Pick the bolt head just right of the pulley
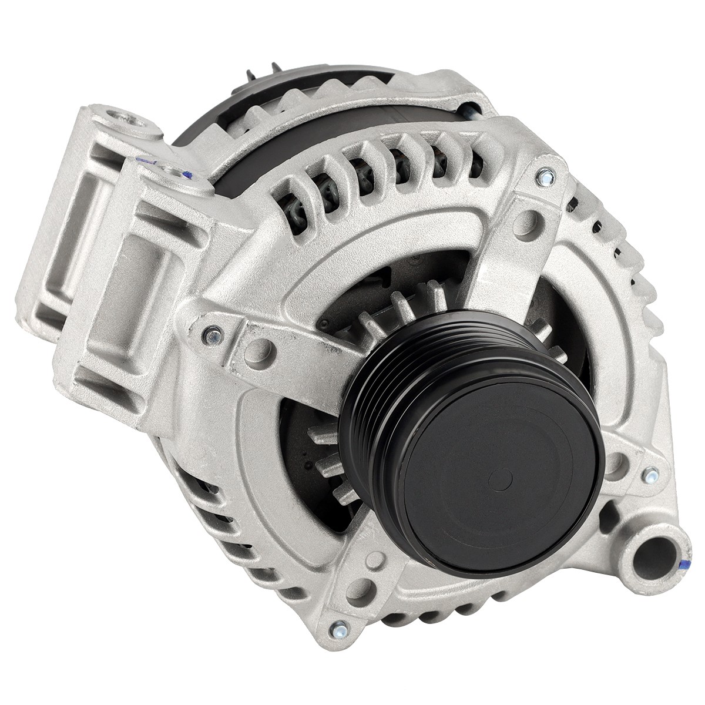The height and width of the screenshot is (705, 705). coord(650,472)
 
